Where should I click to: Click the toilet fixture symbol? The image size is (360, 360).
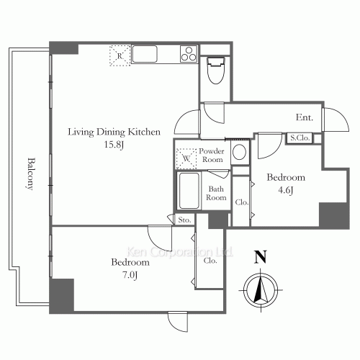tap(215, 71)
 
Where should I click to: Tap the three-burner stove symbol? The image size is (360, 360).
tap(189, 54)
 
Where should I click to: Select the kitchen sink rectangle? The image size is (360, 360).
tap(145, 54)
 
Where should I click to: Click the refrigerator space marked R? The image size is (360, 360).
tap(120, 55)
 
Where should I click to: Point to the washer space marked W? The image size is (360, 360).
tap(186, 158)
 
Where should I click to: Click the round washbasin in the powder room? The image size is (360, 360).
tap(239, 152)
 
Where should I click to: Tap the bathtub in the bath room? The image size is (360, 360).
tap(189, 191)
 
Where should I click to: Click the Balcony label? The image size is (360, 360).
tap(30, 174)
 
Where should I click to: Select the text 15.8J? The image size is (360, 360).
tap(114, 145)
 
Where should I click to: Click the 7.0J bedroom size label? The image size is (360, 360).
tap(130, 275)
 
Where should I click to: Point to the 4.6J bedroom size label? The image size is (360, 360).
tap(286, 190)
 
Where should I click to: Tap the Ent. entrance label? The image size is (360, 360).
tap(305, 117)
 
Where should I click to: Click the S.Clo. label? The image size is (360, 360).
tap(300, 138)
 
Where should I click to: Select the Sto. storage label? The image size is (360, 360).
tap(184, 220)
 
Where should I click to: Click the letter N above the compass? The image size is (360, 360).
tap(261, 257)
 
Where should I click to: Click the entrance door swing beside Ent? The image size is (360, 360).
tap(336, 120)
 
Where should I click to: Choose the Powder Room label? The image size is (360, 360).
tap(212, 156)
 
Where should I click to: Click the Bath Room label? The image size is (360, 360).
tap(216, 193)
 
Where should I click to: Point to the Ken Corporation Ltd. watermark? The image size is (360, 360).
tap(179, 252)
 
